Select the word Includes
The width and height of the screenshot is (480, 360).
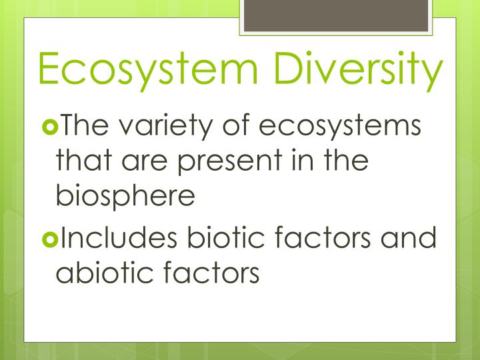tap(121, 238)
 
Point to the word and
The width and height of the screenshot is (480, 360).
tap(409, 238)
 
